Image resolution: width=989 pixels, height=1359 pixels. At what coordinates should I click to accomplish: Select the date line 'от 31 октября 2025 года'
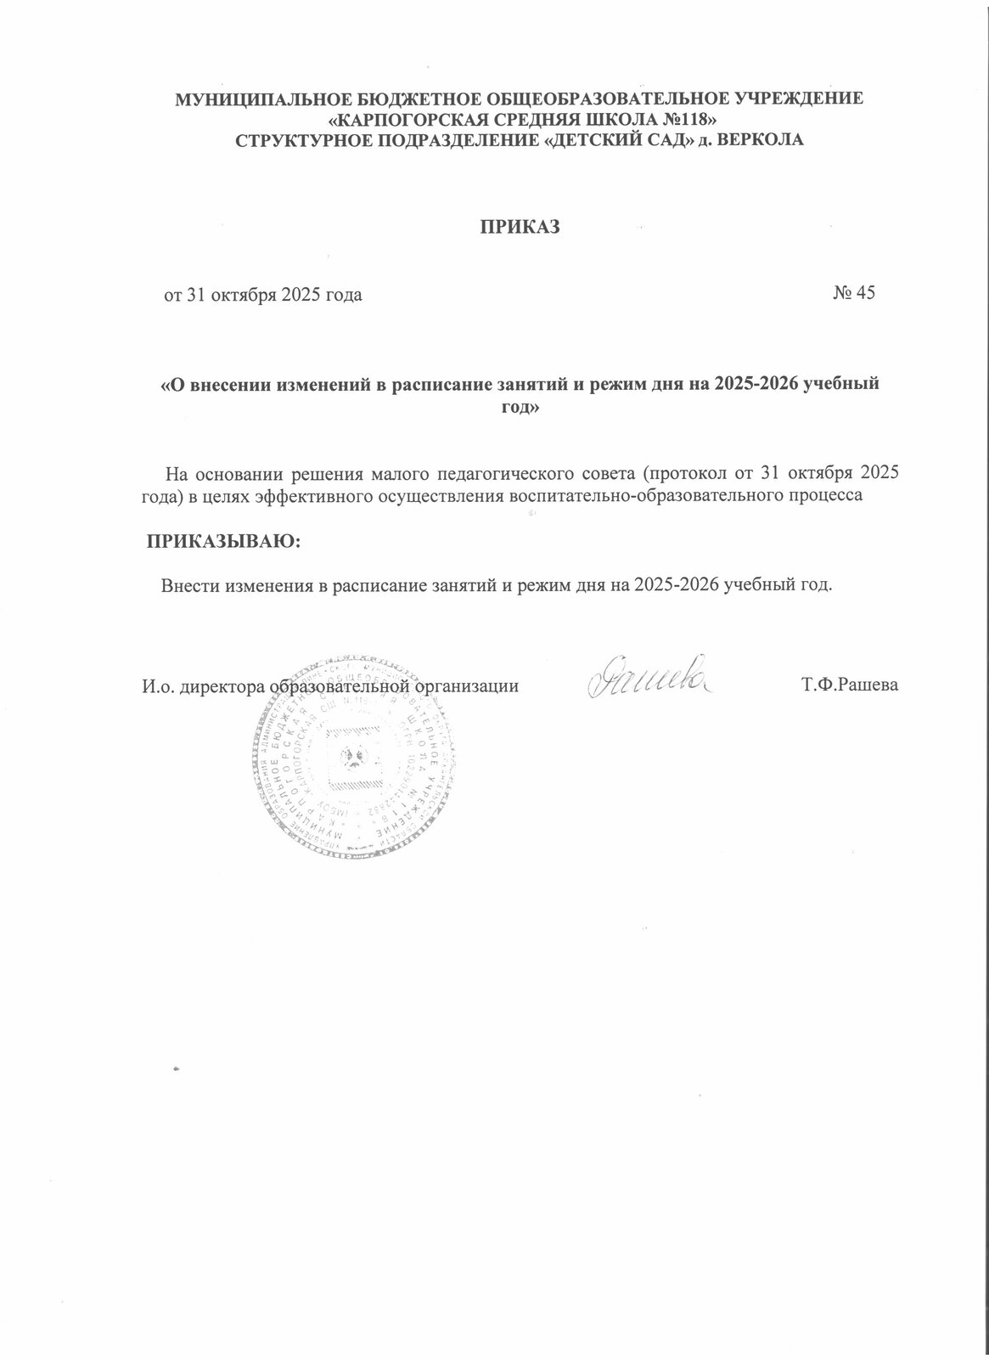coord(263,295)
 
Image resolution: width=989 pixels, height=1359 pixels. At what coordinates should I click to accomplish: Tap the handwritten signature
coord(646,676)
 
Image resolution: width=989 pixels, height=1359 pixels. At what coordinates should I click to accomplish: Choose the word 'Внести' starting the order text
coord(189,585)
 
